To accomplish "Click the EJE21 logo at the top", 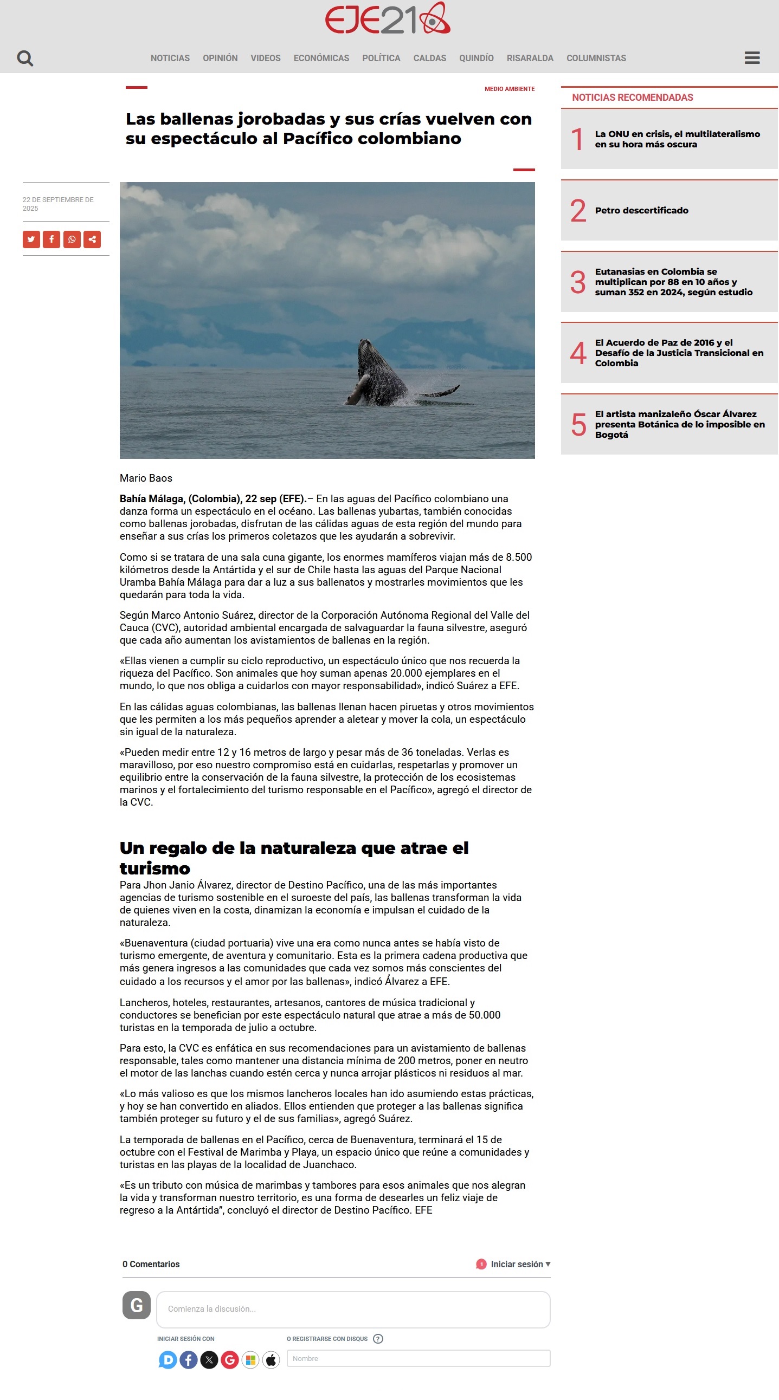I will pyautogui.click(x=387, y=19).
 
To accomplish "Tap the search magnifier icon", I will pyautogui.click(x=25, y=58).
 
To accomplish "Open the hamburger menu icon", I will pyautogui.click(x=752, y=57).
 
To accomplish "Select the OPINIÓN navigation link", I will pyautogui.click(x=220, y=58).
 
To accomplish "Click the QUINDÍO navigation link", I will pyautogui.click(x=476, y=58).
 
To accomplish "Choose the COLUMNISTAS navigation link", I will pyautogui.click(x=596, y=58).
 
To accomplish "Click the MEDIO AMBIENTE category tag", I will pyautogui.click(x=510, y=89).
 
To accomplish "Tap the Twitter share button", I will pyautogui.click(x=31, y=239).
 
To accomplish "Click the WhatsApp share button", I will pyautogui.click(x=72, y=239).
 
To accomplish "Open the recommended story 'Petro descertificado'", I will pyautogui.click(x=641, y=210).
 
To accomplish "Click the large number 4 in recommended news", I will pyautogui.click(x=578, y=353).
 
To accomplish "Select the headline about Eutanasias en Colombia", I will pyautogui.click(x=673, y=282).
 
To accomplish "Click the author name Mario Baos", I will pyautogui.click(x=146, y=478).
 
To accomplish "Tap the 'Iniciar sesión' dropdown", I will pyautogui.click(x=520, y=1264).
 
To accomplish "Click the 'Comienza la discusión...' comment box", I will pyautogui.click(x=353, y=1308).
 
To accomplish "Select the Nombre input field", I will pyautogui.click(x=418, y=1358).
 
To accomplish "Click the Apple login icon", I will pyautogui.click(x=271, y=1360).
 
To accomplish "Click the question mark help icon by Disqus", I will pyautogui.click(x=378, y=1339).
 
